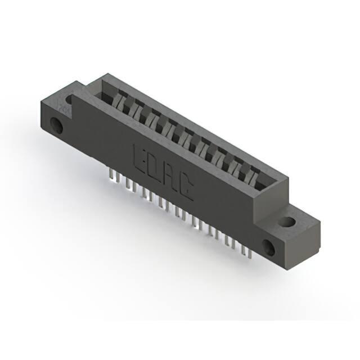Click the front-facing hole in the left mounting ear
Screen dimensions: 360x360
pyautogui.click(x=56, y=125)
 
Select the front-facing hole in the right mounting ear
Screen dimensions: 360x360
pyautogui.click(x=269, y=248)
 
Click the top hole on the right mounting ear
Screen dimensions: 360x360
pyautogui.click(x=286, y=222)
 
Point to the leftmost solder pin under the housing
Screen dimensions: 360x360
pyautogui.click(x=111, y=174)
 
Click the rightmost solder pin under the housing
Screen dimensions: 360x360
pyautogui.click(x=250, y=253)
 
